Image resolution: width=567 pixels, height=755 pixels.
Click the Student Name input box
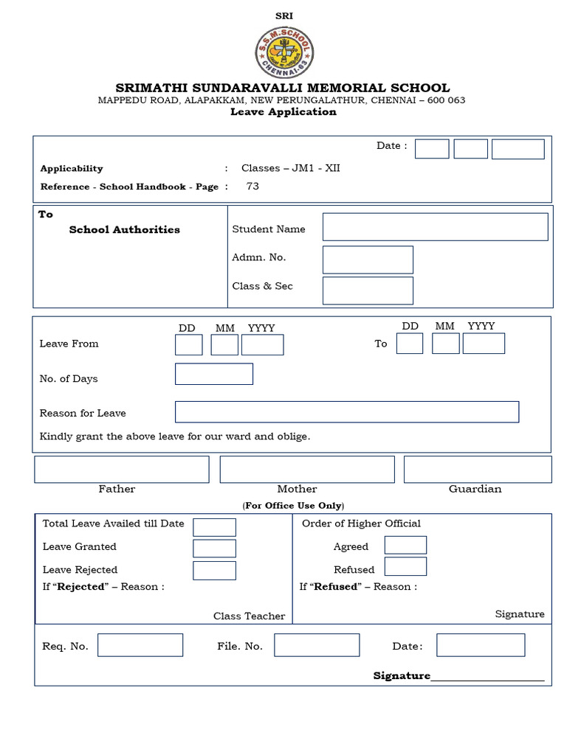pos(435,227)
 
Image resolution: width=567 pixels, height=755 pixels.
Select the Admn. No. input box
pos(368,260)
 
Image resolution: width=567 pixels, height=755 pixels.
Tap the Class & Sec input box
pos(368,290)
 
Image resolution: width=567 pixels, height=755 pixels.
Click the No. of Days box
pos(213,374)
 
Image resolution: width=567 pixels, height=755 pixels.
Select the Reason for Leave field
pos(346,412)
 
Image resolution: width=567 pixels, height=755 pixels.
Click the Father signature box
pos(121,469)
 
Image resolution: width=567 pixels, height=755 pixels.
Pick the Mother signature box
pos(307,469)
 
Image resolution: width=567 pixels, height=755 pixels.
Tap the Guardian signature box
pos(477,469)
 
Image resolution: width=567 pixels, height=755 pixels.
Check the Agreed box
pos(405,545)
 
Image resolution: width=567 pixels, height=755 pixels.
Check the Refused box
pos(405,566)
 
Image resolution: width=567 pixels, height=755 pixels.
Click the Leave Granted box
pos(214,548)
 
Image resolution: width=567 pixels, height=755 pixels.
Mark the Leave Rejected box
pos(214,570)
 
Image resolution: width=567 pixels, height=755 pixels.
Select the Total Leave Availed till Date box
pos(214,526)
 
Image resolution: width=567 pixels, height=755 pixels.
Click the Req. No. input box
pos(140,645)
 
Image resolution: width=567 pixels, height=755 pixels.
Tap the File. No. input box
pos(317,645)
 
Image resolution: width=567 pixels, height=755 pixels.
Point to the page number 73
pos(252,187)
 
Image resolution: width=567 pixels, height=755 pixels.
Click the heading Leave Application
pos(283,112)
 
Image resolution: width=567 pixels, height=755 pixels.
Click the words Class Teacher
pos(249,616)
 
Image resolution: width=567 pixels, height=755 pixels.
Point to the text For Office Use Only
pos(293,506)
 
